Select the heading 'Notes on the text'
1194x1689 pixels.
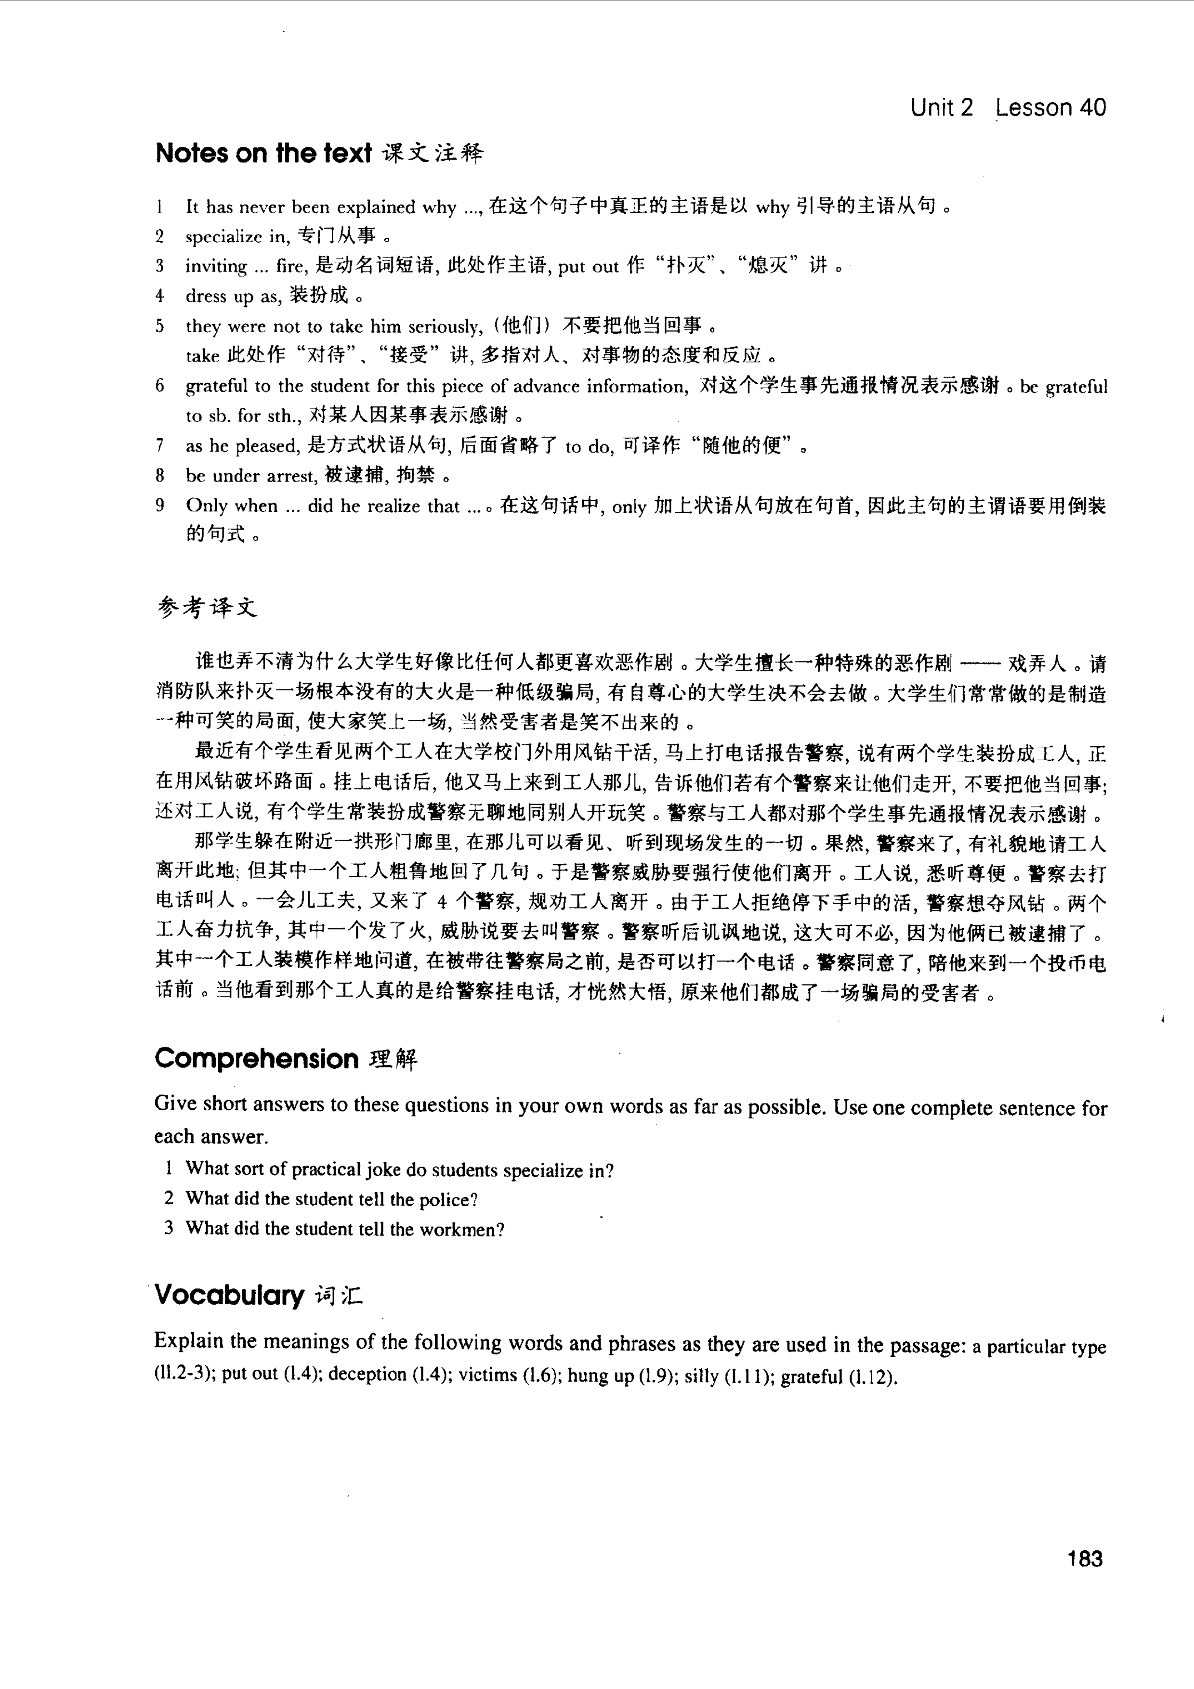coord(263,153)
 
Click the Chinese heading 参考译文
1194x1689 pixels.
coord(208,608)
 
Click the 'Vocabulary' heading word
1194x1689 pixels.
coord(229,1295)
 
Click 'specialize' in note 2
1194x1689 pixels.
coord(223,237)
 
